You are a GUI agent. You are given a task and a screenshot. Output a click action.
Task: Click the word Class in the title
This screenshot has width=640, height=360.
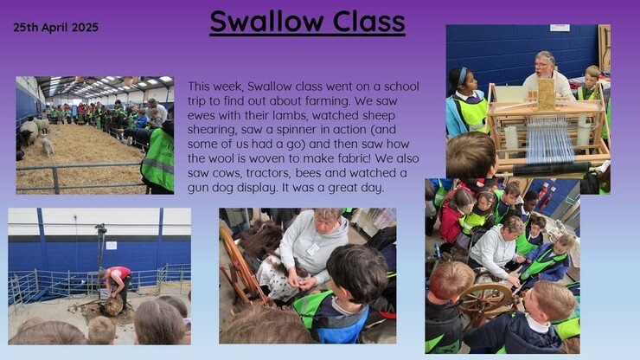pos(369,22)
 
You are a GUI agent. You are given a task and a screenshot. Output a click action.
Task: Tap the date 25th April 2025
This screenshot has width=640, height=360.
pos(56,28)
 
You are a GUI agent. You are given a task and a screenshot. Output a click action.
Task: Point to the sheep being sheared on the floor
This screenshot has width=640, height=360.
pos(112,307)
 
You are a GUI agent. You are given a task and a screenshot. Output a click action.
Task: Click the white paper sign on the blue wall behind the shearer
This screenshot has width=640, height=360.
pos(112,245)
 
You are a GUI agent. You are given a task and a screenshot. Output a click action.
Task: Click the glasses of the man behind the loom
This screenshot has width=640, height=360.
pos(542,64)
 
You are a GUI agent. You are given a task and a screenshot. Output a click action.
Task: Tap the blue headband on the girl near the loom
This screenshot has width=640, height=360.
pos(462,76)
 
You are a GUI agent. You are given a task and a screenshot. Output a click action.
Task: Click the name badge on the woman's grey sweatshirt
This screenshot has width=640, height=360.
pos(313,249)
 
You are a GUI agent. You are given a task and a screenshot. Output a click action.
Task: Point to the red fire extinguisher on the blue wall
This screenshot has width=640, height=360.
pos(543,196)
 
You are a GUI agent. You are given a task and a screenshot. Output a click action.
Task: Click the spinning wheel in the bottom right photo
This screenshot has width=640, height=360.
pos(486,301)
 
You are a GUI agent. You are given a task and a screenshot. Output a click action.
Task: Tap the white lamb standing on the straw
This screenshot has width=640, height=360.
pos(48,145)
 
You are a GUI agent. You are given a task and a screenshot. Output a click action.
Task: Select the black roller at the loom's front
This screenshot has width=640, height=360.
pos(551,169)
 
